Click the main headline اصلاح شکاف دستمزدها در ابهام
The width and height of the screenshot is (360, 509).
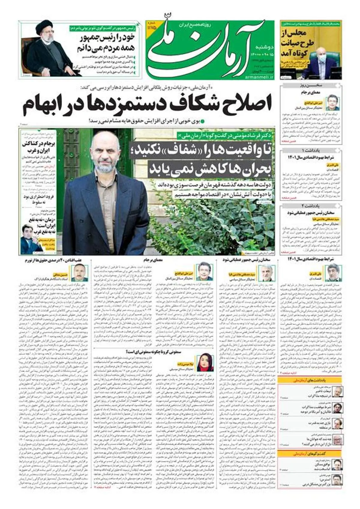[147, 103]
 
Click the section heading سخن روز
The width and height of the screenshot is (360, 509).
[311, 86]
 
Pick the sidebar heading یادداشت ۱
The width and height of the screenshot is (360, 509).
[311, 150]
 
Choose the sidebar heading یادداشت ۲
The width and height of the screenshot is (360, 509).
[311, 206]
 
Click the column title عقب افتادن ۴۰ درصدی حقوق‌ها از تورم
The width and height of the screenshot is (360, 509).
[55, 260]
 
